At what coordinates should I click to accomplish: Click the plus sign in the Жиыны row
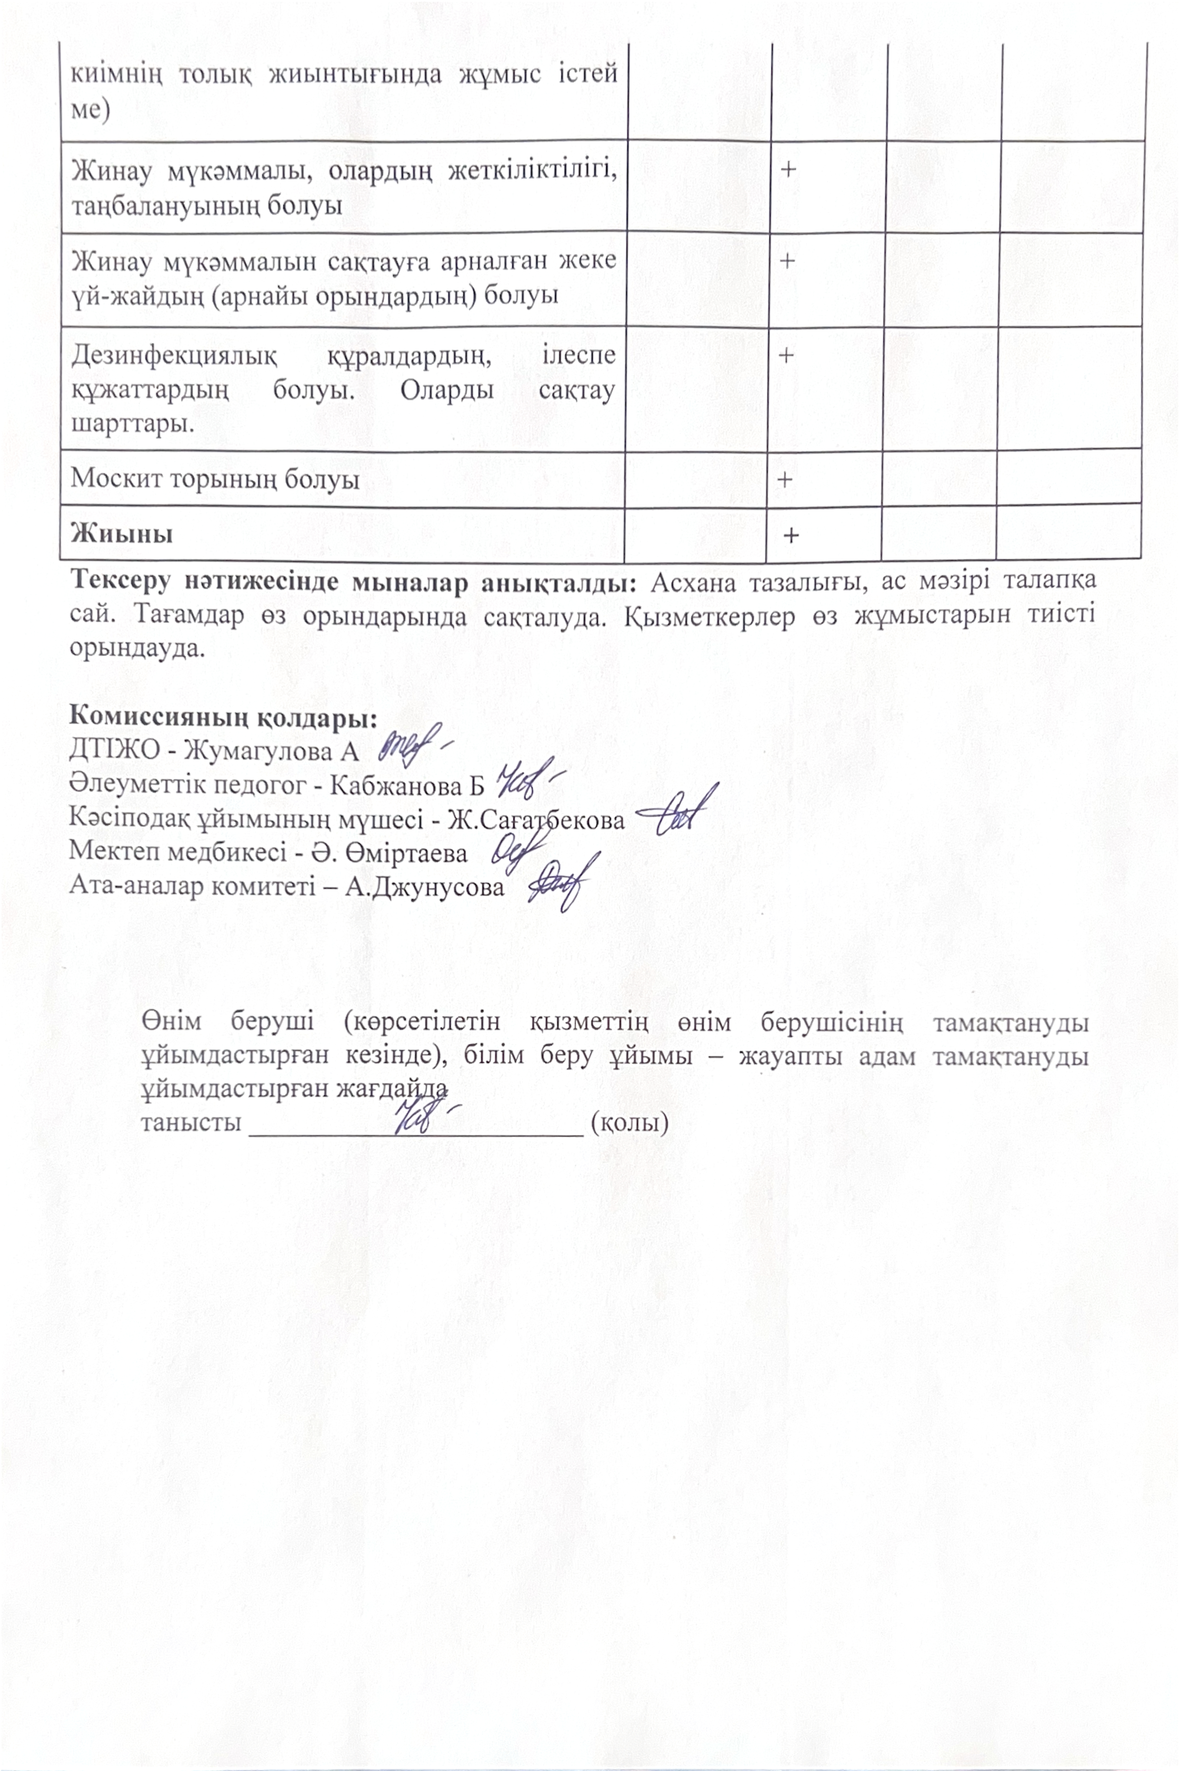(791, 536)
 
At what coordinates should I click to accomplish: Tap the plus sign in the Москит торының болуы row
(785, 479)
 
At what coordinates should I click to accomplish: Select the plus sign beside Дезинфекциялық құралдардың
(786, 355)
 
